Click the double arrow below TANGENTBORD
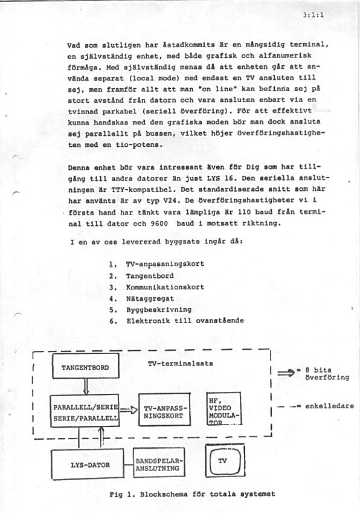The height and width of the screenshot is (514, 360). pos(85,385)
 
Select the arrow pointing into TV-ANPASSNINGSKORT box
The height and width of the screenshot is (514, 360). pos(128,411)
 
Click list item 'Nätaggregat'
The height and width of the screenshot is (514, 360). pos(150,298)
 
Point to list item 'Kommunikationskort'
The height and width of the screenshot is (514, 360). pos(165,287)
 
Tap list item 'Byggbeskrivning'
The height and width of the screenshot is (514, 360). pos(158,309)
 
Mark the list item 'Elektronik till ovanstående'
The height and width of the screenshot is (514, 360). pos(185,321)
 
